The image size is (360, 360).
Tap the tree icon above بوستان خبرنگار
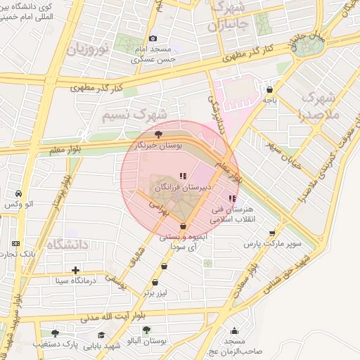160,132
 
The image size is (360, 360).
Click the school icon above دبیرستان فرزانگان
183,176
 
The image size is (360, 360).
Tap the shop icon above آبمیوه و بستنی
184,226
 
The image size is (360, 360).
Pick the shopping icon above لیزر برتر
165,266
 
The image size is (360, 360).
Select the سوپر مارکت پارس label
272,243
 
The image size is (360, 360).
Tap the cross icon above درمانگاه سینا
75,269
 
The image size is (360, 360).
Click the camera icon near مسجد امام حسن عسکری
153,38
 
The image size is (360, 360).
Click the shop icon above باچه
271,89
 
